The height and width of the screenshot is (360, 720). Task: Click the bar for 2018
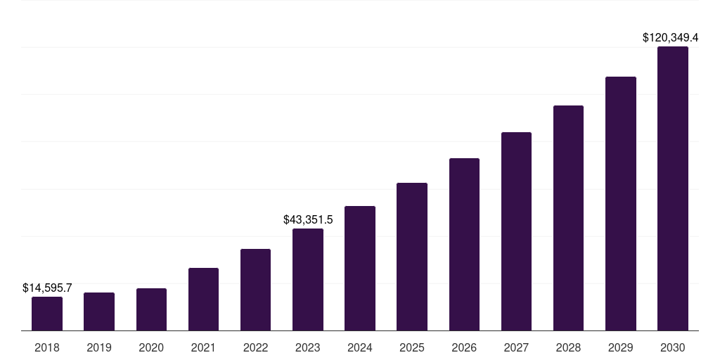pos(47,314)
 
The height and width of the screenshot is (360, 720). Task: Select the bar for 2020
pos(151,309)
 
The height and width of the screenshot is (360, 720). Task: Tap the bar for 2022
pos(255,290)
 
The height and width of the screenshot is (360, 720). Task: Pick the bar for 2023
pos(308,280)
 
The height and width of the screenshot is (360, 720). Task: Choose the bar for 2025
pos(412,257)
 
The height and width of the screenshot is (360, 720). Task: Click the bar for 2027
pos(516,231)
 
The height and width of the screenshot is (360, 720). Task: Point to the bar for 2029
pos(621,204)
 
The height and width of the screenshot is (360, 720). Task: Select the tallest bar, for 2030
pos(673,188)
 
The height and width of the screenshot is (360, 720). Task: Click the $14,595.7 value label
pos(47,288)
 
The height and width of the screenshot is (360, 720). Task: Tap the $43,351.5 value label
pos(308,219)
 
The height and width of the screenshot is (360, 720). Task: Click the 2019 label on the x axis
pos(99,347)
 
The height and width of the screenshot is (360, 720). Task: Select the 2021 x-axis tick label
pos(203,347)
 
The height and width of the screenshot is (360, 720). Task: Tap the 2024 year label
pos(360,347)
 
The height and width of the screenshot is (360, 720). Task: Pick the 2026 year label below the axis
pos(464,347)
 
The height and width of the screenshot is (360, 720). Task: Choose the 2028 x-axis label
pos(568,347)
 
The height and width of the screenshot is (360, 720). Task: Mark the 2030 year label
pos(673,347)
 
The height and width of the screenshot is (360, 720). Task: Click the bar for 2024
pos(360,269)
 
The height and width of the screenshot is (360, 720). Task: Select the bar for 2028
pos(568,218)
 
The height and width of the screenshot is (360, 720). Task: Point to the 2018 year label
pos(47,347)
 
